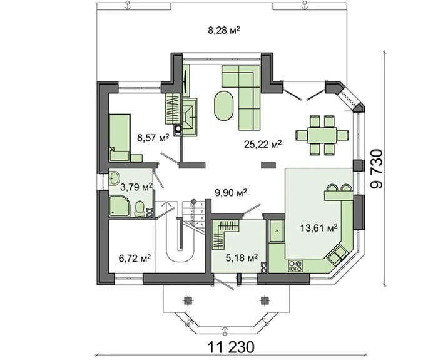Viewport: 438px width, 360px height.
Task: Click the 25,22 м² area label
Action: [x=262, y=144]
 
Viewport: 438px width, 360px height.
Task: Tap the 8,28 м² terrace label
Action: [x=224, y=30]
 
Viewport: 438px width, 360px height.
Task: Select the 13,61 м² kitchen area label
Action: [x=319, y=228]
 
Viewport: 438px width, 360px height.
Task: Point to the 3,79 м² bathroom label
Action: [x=136, y=187]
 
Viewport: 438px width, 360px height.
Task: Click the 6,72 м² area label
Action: [x=135, y=258]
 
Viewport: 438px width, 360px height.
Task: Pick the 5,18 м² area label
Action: [x=242, y=258]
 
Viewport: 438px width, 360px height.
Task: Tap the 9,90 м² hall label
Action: [x=230, y=192]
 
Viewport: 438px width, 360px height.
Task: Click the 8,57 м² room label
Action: [x=153, y=138]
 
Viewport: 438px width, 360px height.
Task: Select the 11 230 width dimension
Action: [x=231, y=347]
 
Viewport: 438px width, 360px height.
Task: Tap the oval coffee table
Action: [x=224, y=105]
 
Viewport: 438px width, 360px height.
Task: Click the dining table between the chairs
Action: [x=322, y=135]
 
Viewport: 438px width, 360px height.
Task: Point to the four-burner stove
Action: [x=295, y=266]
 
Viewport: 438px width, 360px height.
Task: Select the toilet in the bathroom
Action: [x=140, y=208]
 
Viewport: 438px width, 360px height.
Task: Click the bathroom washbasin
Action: [x=115, y=178]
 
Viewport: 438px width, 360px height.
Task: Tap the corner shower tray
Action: [x=120, y=206]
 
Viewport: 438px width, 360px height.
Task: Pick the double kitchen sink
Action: [x=337, y=254]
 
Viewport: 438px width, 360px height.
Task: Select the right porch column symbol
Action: [x=263, y=300]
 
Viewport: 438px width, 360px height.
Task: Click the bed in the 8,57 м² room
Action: [x=120, y=137]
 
